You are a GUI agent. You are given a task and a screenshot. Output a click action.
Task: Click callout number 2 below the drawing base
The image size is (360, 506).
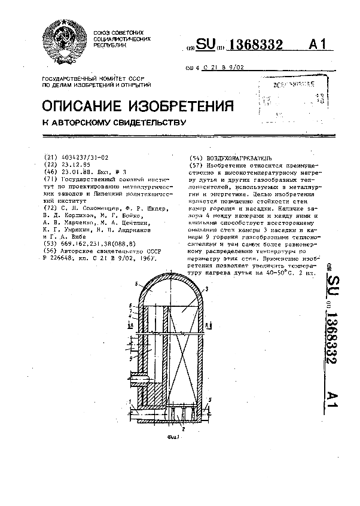[x=182, y=429]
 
